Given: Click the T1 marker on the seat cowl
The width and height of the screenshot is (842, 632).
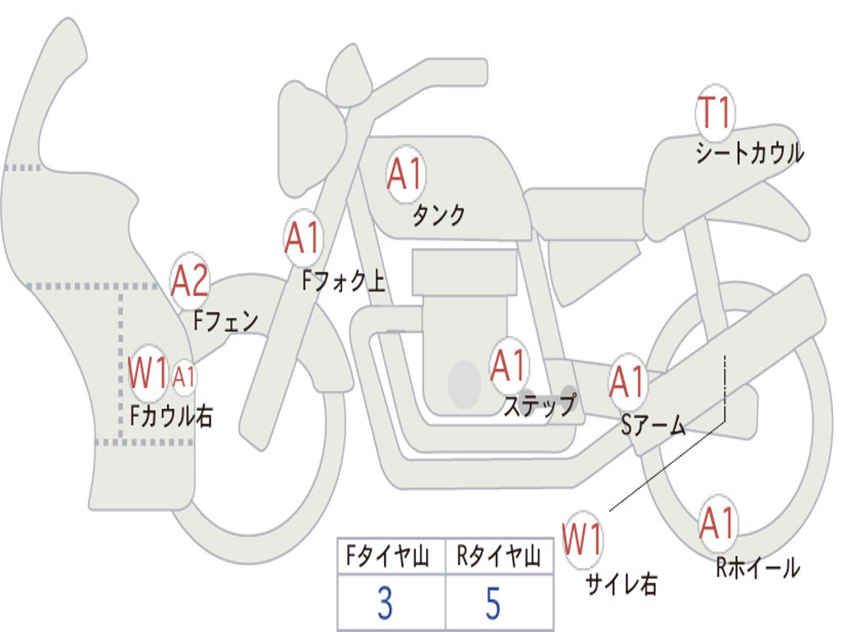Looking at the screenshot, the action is click(715, 113).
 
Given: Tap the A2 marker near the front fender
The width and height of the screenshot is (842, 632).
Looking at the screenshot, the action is click(190, 281).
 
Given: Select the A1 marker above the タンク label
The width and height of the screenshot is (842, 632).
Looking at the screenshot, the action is click(405, 174).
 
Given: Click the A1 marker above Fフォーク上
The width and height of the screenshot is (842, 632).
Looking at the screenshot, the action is click(303, 238).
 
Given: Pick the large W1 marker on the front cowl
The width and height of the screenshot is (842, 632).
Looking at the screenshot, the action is click(148, 374).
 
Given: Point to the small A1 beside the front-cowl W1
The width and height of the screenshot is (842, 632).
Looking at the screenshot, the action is click(183, 377).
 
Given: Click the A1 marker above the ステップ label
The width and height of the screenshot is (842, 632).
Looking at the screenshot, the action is click(508, 366).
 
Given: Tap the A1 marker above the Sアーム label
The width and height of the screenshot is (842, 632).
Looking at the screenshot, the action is click(627, 382).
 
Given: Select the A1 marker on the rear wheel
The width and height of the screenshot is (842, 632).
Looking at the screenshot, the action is click(717, 523).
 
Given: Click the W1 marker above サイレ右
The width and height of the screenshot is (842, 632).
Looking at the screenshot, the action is click(583, 540).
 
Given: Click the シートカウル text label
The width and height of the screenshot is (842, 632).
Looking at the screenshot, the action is click(750, 152).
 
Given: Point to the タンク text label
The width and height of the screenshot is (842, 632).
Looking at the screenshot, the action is click(438, 216).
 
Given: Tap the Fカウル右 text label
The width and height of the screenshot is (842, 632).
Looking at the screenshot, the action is click(172, 416).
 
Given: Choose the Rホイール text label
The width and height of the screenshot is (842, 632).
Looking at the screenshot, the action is click(757, 568).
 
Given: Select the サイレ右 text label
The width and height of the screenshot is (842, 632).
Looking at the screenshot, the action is click(622, 583).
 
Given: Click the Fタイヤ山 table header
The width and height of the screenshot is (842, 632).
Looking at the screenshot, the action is click(388, 555).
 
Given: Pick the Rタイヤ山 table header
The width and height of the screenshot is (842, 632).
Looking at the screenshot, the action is click(499, 555).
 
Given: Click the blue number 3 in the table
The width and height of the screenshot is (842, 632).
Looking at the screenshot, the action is click(385, 603).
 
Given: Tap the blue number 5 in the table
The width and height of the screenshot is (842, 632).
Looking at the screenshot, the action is click(493, 603).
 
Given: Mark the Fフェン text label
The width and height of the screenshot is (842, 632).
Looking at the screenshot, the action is click(225, 321).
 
